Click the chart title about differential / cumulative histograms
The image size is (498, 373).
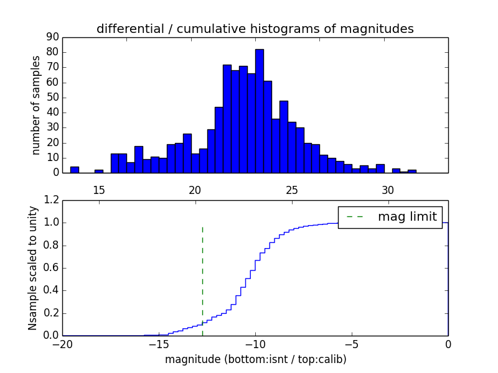[255, 29]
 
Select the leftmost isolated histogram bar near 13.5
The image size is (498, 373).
[75, 170]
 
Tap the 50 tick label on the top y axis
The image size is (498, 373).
[52, 97]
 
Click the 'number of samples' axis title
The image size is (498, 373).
[36, 105]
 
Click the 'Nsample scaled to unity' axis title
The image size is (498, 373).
[32, 267]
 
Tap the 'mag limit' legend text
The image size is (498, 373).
[407, 216]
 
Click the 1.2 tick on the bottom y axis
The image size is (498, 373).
[52, 200]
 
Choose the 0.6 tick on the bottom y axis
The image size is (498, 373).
[52, 268]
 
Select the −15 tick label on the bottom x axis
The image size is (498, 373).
[159, 343]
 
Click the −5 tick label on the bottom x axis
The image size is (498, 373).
[352, 343]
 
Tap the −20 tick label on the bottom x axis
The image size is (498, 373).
[62, 343]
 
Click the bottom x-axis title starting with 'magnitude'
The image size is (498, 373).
[255, 359]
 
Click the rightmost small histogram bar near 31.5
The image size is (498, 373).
[411, 171]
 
